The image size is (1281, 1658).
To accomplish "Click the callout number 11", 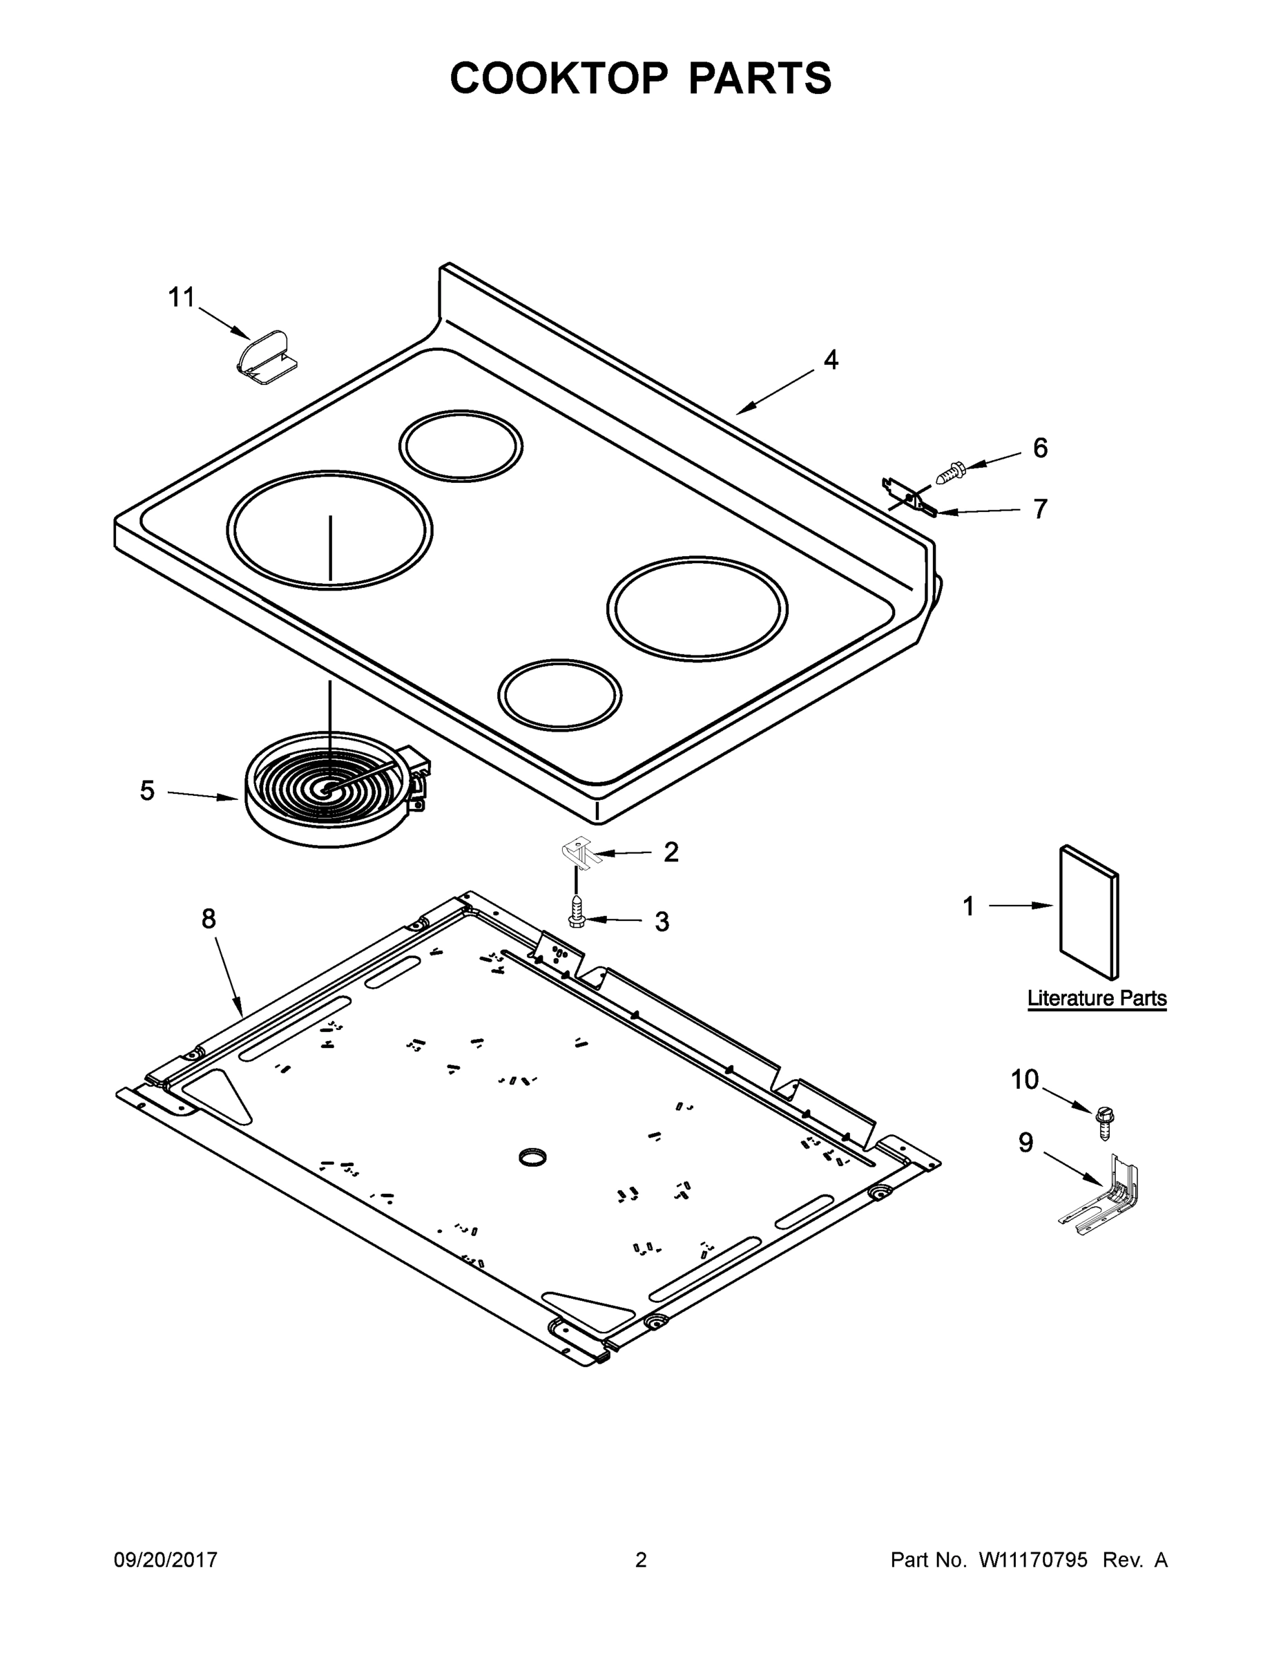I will click(182, 298).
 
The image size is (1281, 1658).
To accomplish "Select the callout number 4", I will click(831, 360).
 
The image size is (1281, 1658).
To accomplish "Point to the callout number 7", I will click(1040, 508).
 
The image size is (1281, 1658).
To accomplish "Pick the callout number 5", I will click(147, 791).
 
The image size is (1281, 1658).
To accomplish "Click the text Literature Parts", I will click(1097, 998).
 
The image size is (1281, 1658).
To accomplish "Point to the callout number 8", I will click(209, 919).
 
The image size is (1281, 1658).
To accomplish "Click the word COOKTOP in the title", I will click(559, 78).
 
